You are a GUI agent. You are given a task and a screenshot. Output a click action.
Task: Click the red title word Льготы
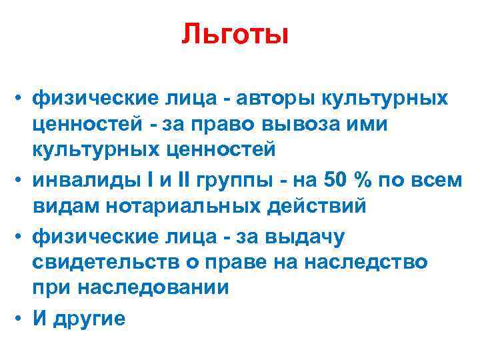(235, 35)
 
